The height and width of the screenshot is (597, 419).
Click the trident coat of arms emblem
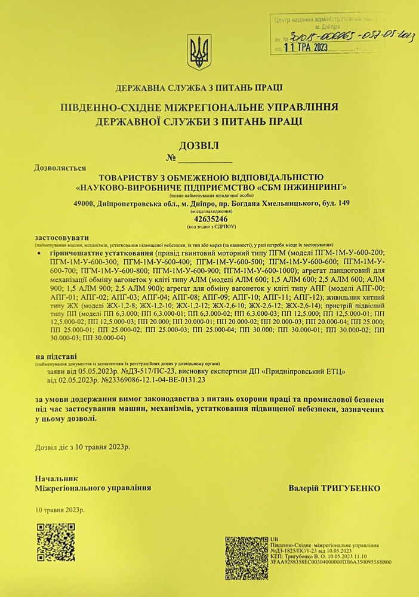199,53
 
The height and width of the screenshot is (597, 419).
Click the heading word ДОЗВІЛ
199,145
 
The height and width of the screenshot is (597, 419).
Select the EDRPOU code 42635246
207,219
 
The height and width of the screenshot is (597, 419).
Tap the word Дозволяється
60,168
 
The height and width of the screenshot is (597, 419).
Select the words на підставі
56,356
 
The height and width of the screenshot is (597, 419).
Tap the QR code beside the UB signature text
246,557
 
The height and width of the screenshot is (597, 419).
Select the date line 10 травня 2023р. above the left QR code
60,510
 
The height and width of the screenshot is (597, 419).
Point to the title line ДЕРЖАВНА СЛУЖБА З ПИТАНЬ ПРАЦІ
199,88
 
